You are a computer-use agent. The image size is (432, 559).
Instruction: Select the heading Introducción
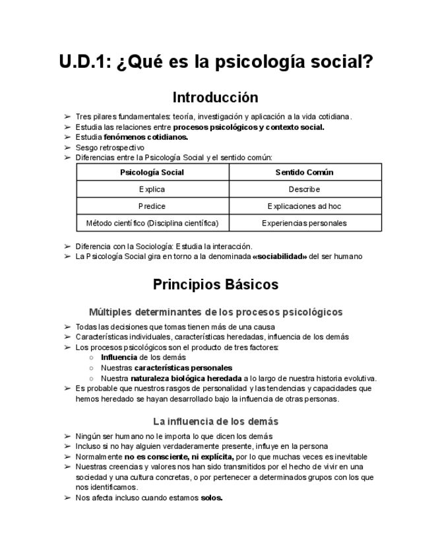point(216,98)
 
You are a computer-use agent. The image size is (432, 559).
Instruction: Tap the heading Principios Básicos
point(216,285)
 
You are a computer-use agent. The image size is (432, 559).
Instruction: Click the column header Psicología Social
point(152,173)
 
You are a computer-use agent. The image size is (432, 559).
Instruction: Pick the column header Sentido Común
point(305,173)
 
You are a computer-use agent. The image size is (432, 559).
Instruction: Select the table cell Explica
point(152,189)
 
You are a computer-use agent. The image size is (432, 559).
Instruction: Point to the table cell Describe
point(305,189)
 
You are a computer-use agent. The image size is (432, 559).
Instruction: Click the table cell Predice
point(152,206)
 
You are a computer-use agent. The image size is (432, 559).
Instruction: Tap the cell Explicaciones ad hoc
point(305,206)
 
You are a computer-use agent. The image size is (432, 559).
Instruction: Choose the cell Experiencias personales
point(305,223)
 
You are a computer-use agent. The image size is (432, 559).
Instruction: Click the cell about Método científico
point(152,223)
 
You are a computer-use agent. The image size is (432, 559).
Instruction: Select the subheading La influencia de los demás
point(216,421)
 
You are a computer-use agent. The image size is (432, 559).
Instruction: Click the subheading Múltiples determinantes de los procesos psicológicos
point(216,312)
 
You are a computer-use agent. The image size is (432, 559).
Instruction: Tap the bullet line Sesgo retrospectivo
point(109,148)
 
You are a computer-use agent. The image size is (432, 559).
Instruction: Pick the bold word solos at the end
point(212,498)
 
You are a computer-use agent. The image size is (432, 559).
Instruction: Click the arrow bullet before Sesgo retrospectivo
point(67,148)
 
